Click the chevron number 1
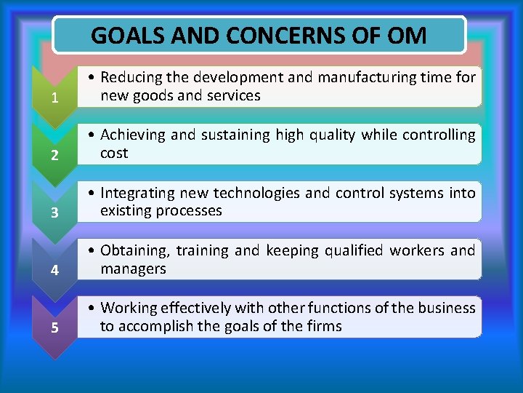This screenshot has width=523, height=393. (55, 99)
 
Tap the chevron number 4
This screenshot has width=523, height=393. (55, 271)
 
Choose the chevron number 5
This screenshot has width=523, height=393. (55, 328)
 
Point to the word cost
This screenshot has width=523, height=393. (114, 153)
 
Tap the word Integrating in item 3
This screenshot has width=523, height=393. (136, 193)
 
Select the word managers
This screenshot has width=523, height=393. (133, 269)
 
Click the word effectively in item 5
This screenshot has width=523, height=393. (191, 308)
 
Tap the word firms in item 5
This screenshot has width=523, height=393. (323, 326)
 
